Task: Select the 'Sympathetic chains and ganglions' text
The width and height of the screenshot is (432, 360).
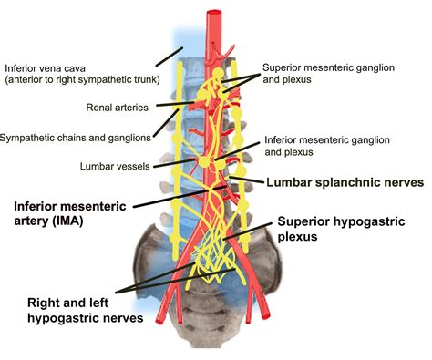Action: click(x=75, y=138)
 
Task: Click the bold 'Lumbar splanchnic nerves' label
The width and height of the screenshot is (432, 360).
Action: click(x=345, y=182)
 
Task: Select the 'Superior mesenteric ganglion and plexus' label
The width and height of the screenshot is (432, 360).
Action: click(x=325, y=74)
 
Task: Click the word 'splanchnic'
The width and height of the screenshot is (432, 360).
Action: click(x=346, y=182)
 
